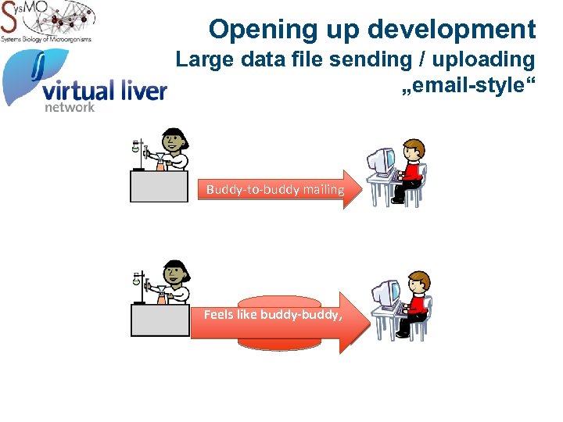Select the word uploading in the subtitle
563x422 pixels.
point(484,59)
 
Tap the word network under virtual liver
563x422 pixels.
point(69,107)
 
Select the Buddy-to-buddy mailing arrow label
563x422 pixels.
point(274,189)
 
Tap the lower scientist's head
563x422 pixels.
point(175,272)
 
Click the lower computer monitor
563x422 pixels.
point(385,294)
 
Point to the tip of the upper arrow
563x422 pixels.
point(363,189)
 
